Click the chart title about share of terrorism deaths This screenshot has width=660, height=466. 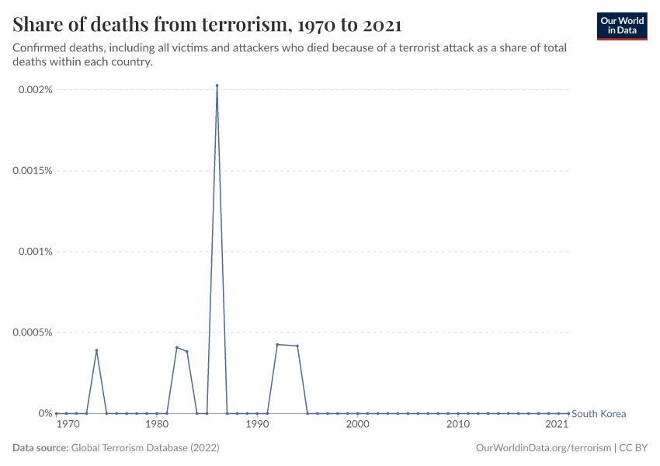[x=207, y=25]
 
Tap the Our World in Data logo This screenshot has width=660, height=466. [x=621, y=26]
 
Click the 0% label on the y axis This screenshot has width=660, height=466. [x=45, y=413]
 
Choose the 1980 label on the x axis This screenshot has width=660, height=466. [x=157, y=425]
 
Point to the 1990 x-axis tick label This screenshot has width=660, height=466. [x=257, y=425]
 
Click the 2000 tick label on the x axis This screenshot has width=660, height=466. [x=357, y=425]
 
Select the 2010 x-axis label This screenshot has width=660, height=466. [x=458, y=425]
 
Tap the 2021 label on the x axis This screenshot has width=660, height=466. [x=556, y=425]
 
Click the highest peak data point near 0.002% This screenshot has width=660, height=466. [x=217, y=85]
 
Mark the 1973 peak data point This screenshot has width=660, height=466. [x=96, y=350]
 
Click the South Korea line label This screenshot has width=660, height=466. [x=598, y=414]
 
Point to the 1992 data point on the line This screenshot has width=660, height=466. [x=277, y=344]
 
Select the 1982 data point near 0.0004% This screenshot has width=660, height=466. [x=177, y=347]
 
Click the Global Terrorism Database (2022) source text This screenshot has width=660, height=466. [x=145, y=448]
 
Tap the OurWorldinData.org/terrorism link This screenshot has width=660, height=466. [x=542, y=448]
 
